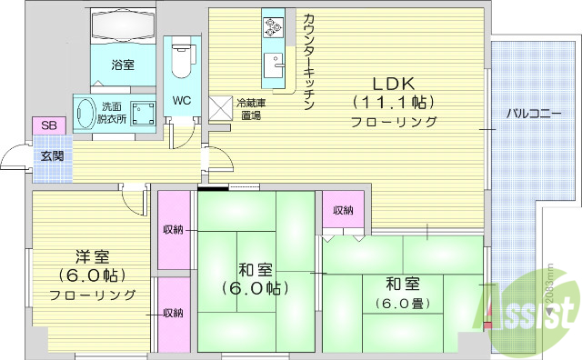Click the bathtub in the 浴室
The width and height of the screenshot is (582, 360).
click(x=123, y=27)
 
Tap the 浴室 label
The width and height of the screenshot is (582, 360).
click(x=123, y=65)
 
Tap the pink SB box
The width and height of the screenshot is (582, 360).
click(x=45, y=125)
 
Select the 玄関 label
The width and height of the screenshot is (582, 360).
click(x=51, y=155)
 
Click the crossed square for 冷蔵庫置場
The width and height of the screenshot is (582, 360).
click(x=221, y=107)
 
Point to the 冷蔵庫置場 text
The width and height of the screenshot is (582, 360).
click(x=249, y=109)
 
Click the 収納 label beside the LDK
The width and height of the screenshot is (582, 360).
click(x=343, y=210)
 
